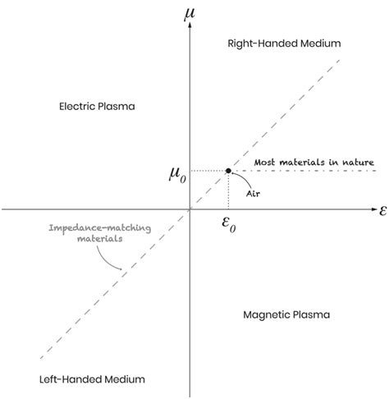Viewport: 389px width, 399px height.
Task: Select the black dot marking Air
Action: [227, 171]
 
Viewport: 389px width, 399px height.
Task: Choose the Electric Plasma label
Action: [97, 107]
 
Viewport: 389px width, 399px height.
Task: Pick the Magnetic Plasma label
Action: [287, 314]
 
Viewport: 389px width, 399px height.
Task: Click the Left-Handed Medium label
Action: [92, 379]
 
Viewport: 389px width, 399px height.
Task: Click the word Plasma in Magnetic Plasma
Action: [311, 314]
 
